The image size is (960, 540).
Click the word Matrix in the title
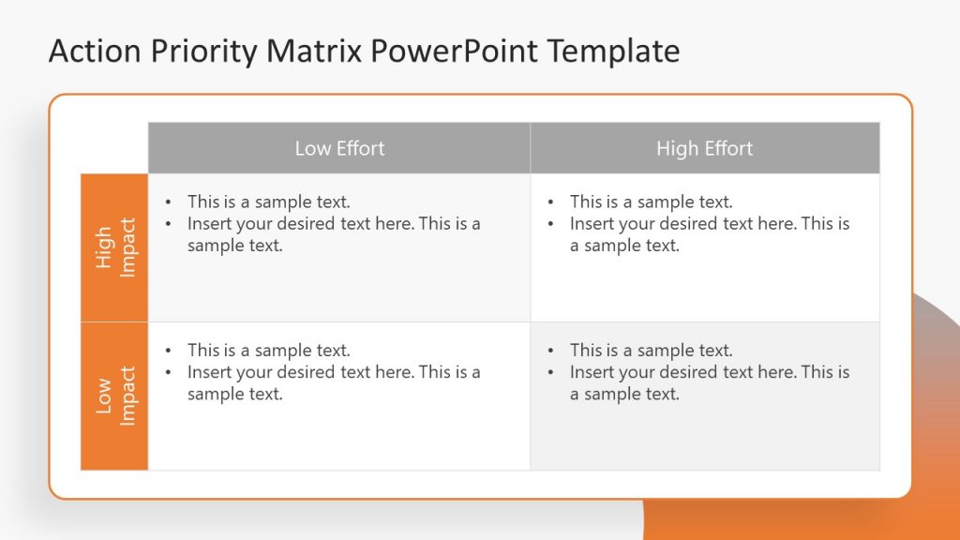(316, 51)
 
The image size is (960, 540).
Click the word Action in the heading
(92, 51)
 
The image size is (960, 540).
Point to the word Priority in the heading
(200, 51)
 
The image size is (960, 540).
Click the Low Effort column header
(339, 148)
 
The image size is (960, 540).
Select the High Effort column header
(704, 148)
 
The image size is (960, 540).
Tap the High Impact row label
(115, 247)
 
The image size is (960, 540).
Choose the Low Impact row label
(115, 396)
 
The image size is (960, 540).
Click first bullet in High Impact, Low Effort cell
(268, 202)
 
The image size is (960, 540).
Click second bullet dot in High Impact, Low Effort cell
(169, 224)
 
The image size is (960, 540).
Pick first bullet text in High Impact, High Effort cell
(651, 202)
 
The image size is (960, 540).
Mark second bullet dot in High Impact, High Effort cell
(551, 224)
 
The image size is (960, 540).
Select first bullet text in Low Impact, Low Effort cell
(268, 351)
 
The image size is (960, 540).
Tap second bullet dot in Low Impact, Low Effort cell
(169, 372)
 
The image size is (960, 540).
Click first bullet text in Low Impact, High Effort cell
(651, 351)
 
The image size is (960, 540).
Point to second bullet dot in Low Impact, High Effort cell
(551, 372)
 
